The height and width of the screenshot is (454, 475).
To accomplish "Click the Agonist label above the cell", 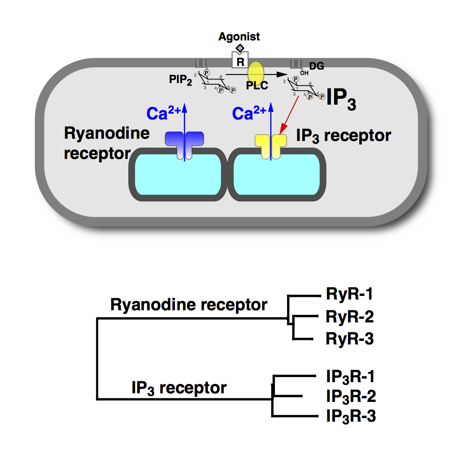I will tap(239, 37).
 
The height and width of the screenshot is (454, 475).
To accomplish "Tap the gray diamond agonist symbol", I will tap(240, 48).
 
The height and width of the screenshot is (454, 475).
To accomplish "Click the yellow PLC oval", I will tap(256, 73).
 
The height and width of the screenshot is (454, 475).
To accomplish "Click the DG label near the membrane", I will tap(317, 66).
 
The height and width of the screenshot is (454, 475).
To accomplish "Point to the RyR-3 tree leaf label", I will tap(349, 339).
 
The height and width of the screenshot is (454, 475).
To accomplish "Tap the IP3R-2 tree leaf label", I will tap(351, 396).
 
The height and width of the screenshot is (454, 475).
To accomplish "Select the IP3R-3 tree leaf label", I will tap(351, 416).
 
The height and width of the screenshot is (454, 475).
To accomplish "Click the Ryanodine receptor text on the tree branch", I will tap(189, 305).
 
